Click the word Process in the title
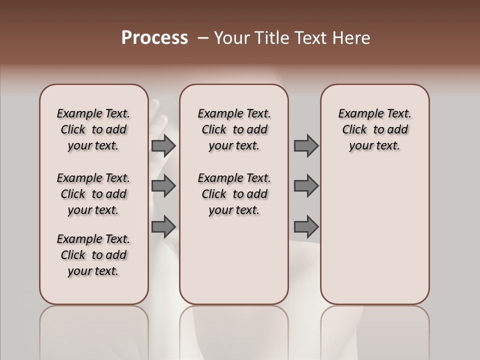[x=154, y=38]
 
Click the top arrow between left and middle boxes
[x=163, y=146]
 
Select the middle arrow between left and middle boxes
[x=163, y=186]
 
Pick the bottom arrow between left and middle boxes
[x=163, y=226]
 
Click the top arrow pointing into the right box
[x=305, y=146]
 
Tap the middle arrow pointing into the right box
[x=305, y=186]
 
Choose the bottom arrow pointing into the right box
[x=305, y=226]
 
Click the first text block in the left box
[x=93, y=130]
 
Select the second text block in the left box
[x=93, y=194]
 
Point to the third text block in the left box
[x=93, y=255]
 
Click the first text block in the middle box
[x=234, y=130]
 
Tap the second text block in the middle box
[x=234, y=194]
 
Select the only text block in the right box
[x=375, y=130]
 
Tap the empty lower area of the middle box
[x=234, y=260]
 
